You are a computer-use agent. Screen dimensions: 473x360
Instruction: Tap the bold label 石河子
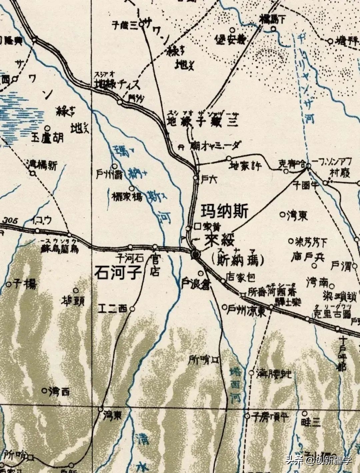(117, 272)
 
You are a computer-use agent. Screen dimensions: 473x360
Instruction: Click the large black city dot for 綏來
(195, 255)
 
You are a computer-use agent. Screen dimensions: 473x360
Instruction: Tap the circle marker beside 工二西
(132, 309)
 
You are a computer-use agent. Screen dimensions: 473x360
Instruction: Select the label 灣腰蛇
(274, 374)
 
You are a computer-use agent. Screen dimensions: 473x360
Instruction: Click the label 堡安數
(232, 41)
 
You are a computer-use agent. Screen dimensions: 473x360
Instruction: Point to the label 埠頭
(72, 301)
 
